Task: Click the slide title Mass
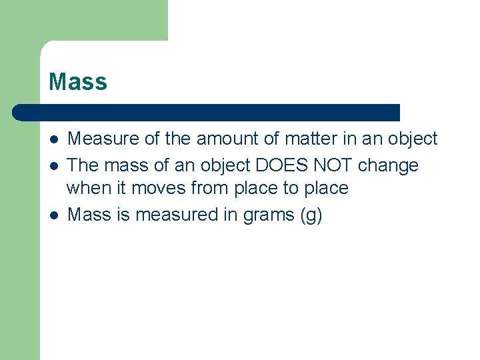(x=77, y=82)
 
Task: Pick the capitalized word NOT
(x=330, y=165)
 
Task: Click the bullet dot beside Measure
(x=53, y=139)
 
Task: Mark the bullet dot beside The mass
(x=53, y=165)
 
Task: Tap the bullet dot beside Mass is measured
(x=53, y=215)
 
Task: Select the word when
(x=87, y=188)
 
